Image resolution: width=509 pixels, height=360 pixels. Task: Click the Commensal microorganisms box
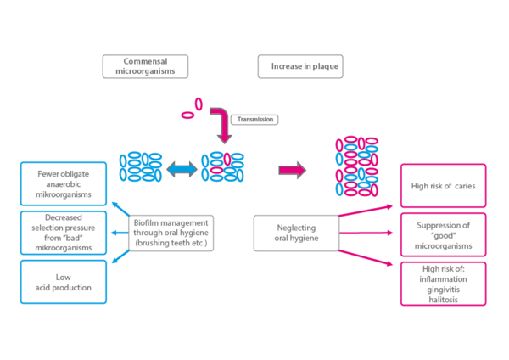[145, 67]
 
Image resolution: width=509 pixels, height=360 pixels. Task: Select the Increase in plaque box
[300, 67]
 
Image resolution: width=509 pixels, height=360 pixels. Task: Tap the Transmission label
[255, 120]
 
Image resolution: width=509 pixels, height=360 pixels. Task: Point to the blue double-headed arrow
[181, 170]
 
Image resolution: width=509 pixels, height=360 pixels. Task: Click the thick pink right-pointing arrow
[291, 171]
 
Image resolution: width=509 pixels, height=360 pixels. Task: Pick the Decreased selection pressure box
[64, 233]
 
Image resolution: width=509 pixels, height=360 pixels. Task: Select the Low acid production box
[64, 282]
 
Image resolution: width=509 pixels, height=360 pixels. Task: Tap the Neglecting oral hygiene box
[296, 233]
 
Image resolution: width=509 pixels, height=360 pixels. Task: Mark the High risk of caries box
[443, 185]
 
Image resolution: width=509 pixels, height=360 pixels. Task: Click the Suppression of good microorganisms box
[443, 234]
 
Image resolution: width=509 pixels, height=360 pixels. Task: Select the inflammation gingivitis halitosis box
[443, 284]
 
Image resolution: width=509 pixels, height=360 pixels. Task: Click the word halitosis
[444, 296]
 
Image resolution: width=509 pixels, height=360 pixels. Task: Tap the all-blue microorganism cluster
[141, 166]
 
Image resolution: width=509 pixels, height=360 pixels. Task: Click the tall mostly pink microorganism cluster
[356, 166]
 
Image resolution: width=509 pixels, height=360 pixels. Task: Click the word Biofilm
[148, 222]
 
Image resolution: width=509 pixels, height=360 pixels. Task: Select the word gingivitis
[444, 287]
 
